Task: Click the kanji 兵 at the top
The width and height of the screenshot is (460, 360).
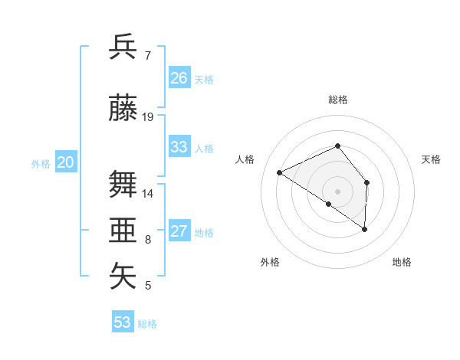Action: (x=123, y=47)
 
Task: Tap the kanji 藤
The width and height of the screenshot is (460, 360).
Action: (x=123, y=108)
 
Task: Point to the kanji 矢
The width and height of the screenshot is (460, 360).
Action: (x=123, y=275)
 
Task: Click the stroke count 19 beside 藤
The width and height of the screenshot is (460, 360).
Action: (x=148, y=117)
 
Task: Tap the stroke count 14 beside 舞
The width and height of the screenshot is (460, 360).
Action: (x=148, y=193)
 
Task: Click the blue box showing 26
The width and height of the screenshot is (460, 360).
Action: (x=179, y=78)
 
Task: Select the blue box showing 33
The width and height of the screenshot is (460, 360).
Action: (x=179, y=147)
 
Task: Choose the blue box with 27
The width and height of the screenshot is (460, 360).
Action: (x=179, y=231)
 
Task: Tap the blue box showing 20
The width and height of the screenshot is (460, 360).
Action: (x=66, y=162)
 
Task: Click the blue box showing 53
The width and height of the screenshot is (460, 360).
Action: (x=123, y=322)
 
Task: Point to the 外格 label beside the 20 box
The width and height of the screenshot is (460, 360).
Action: (x=41, y=163)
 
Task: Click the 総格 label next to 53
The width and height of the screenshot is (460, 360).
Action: (x=147, y=324)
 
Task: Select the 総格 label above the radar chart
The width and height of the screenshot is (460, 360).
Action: (x=337, y=100)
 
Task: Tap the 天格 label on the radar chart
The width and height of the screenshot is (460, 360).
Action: (x=432, y=159)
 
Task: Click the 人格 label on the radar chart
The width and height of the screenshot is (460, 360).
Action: (x=245, y=159)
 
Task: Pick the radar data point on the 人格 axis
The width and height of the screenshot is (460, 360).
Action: (x=280, y=172)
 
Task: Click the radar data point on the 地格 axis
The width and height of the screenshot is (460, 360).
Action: (x=365, y=229)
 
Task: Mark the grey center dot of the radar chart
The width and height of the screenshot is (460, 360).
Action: (x=337, y=191)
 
